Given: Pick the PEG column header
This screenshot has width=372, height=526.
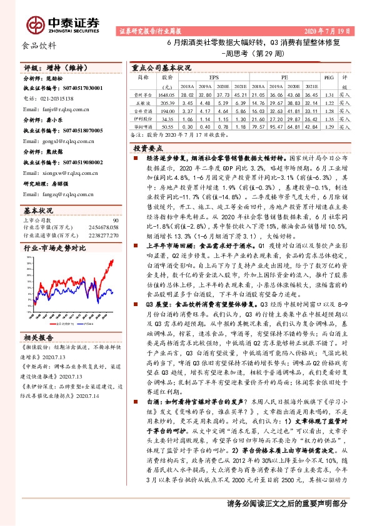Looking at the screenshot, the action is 331,79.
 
